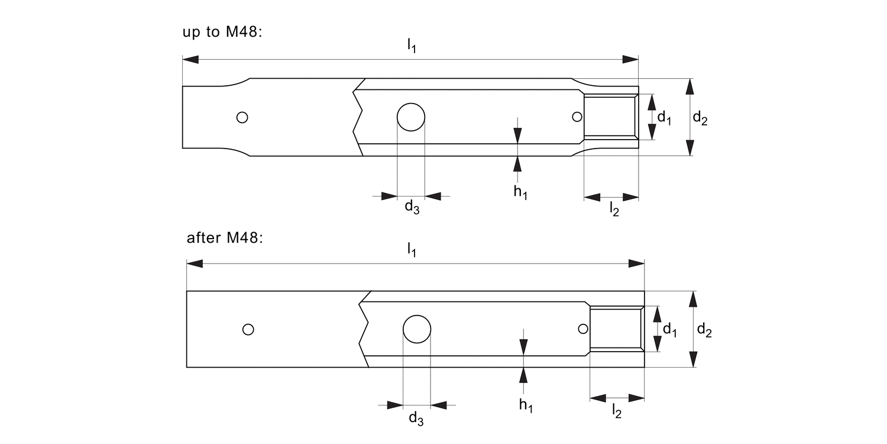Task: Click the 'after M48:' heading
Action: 224,238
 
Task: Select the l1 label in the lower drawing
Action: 412,250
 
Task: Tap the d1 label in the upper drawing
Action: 665,117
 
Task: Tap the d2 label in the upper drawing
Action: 700,118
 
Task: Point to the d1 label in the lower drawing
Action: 669,330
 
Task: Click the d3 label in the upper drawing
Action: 412,207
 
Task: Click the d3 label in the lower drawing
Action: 416,417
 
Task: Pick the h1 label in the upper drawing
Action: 520,192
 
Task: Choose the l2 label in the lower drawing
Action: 617,411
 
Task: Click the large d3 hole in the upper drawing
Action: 410,117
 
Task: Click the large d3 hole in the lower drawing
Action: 417,329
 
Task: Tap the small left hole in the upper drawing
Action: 242,117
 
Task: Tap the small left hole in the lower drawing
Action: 248,329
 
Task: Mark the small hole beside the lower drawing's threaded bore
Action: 583,329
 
